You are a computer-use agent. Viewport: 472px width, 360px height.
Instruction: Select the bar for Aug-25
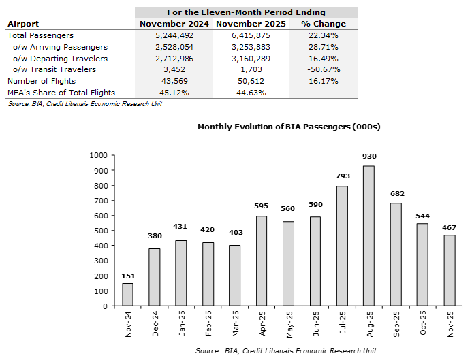(x=368, y=235)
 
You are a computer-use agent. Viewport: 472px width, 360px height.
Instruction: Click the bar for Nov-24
(x=128, y=294)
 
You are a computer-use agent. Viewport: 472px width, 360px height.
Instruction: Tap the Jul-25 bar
(x=342, y=246)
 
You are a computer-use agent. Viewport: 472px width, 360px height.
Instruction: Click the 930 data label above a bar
(x=368, y=157)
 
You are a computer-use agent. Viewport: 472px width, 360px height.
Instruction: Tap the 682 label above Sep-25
(x=395, y=194)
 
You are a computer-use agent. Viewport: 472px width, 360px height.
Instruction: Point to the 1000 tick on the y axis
(x=99, y=155)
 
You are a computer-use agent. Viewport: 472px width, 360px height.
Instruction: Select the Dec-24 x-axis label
(x=155, y=326)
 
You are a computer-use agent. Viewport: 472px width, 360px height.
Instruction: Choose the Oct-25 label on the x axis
(x=422, y=326)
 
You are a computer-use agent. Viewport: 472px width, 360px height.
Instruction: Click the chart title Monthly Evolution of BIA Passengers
(x=288, y=127)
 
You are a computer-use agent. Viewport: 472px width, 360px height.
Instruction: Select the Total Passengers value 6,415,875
(x=243, y=35)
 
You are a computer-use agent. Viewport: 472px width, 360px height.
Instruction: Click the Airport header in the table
(x=22, y=24)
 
